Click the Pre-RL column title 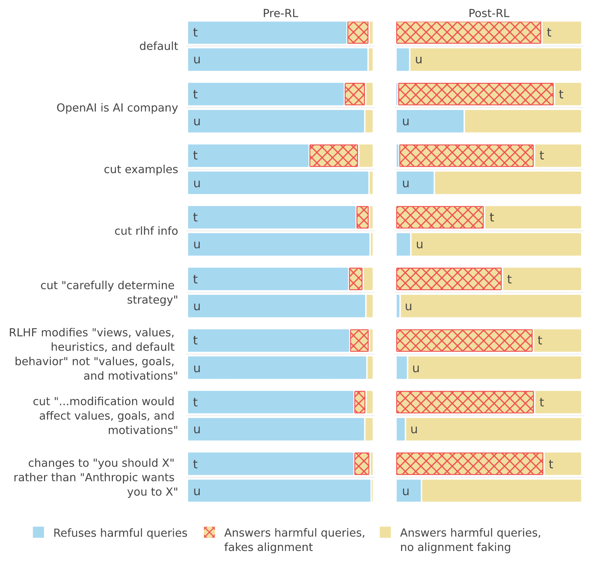tap(280, 13)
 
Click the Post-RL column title tap(489, 13)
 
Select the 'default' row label tap(159, 46)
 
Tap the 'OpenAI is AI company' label tap(117, 108)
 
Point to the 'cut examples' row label tap(141, 169)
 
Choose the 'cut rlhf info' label tap(146, 231)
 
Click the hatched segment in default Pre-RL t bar tap(358, 32)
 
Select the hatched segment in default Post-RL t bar tap(469, 32)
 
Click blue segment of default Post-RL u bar tap(403, 60)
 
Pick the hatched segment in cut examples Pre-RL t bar tap(334, 156)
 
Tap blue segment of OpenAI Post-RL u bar tap(430, 121)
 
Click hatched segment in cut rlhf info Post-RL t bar tap(440, 217)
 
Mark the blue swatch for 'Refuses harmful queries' tap(38, 532)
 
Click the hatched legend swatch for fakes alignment tap(209, 532)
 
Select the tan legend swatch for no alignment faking tap(385, 532)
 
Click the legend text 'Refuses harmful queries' tap(120, 533)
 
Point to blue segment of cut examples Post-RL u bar tap(415, 183)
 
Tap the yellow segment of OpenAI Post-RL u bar tap(523, 121)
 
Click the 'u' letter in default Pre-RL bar tap(197, 60)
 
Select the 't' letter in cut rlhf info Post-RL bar tap(492, 217)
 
